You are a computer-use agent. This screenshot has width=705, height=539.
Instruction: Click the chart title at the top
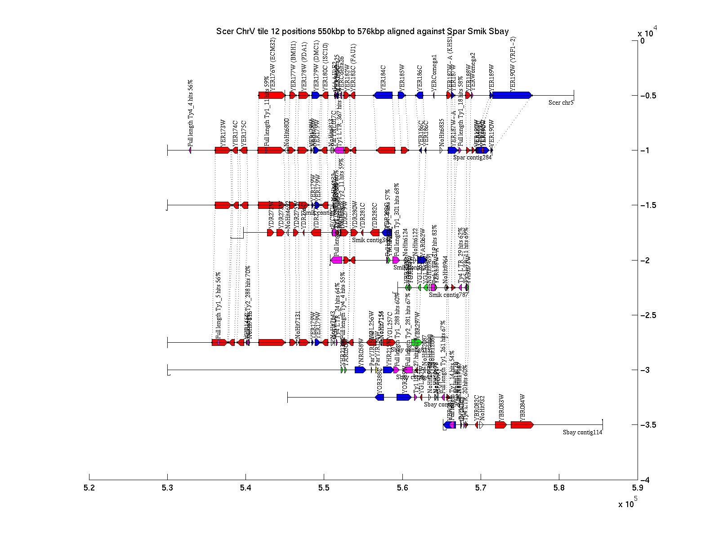point(362,31)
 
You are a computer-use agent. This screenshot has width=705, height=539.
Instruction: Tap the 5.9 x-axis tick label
point(637,487)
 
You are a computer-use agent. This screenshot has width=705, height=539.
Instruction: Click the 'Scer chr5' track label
point(561,102)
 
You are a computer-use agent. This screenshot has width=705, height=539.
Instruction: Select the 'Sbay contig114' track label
point(582,432)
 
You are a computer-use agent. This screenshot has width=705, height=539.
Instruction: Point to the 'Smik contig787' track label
point(448,295)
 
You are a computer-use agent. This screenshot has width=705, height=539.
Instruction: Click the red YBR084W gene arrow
point(522,425)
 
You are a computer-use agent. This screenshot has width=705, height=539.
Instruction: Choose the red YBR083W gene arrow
point(501,425)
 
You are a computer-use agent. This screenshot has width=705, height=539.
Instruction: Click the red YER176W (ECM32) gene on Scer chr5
point(272,95)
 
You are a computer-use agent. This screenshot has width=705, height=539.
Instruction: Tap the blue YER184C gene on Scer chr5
point(383,95)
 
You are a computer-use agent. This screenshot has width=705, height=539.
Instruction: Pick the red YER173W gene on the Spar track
point(223,150)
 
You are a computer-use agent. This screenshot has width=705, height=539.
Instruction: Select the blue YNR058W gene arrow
point(360,370)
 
